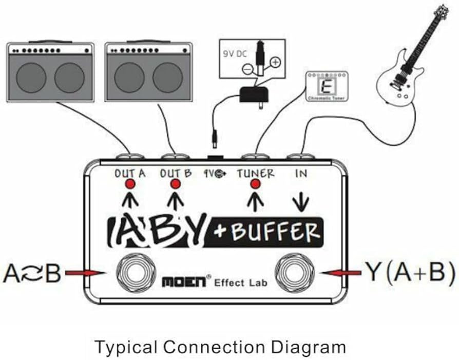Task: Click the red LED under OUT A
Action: (130, 185)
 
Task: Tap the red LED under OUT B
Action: (176, 185)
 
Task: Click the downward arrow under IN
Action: (301, 203)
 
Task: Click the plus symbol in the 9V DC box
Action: (275, 62)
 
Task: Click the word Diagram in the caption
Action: (304, 347)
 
